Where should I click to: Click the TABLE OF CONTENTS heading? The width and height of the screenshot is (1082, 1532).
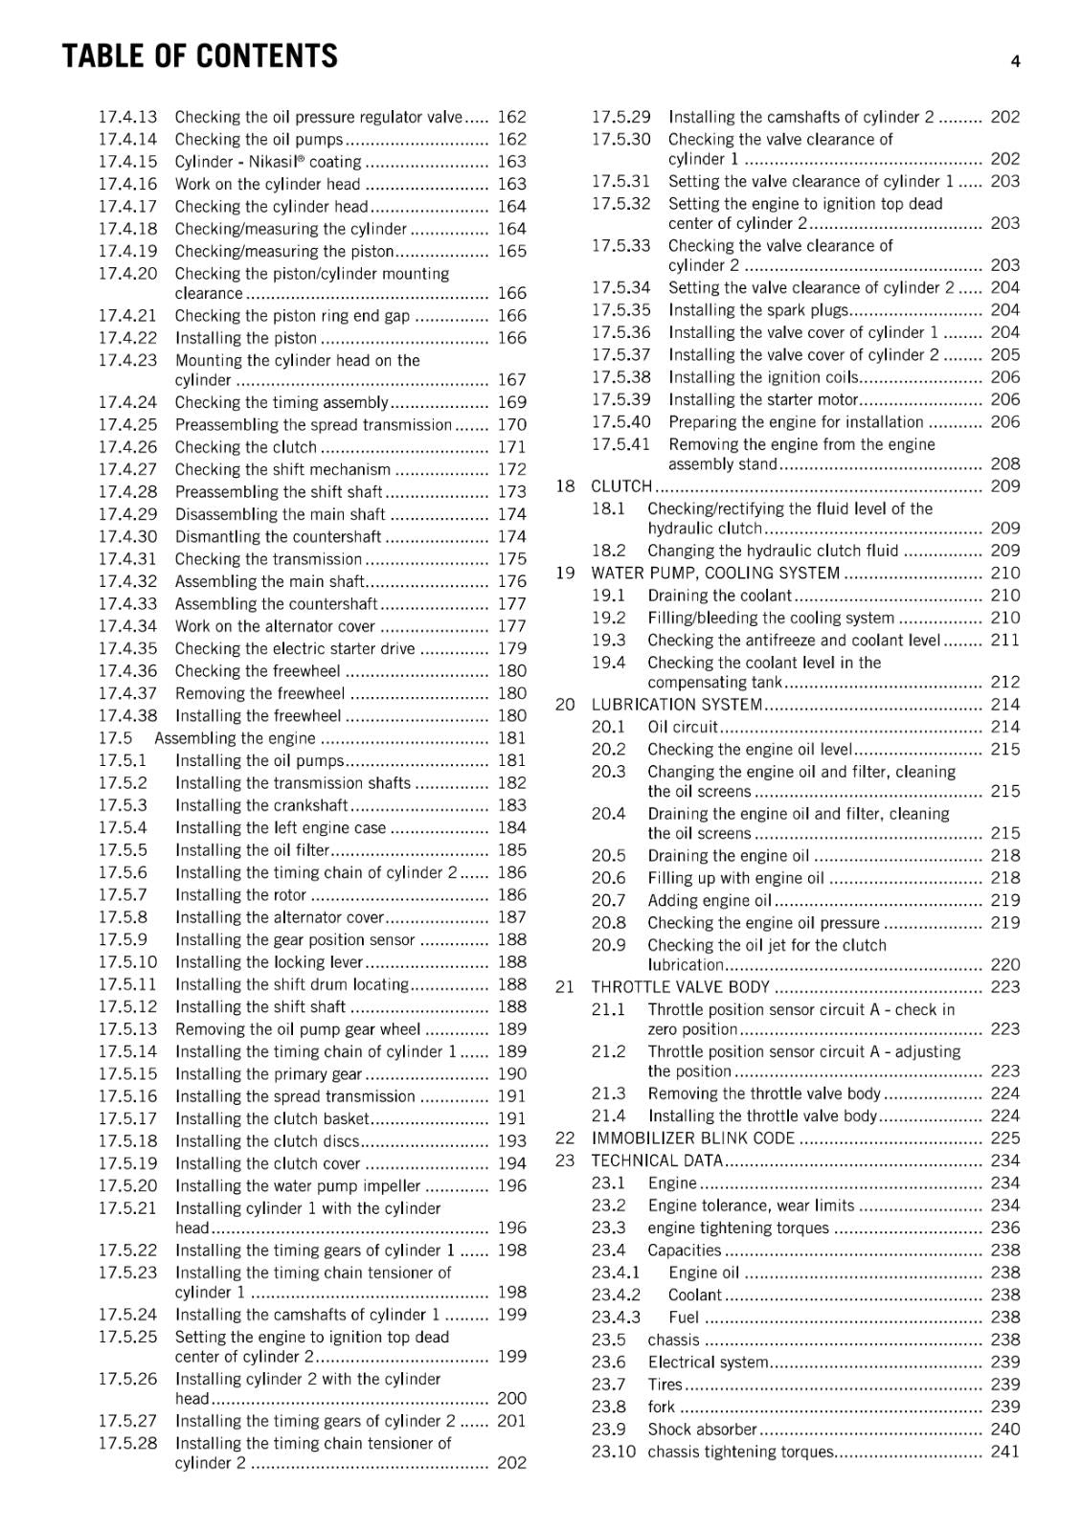click(x=199, y=56)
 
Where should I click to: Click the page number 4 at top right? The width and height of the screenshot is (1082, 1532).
click(x=1015, y=62)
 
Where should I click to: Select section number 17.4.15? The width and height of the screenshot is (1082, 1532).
click(x=127, y=162)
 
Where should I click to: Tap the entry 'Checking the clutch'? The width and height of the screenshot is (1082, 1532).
click(x=245, y=447)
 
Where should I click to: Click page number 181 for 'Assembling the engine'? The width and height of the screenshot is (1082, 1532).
click(x=511, y=738)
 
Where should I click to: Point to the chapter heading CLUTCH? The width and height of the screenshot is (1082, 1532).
click(x=621, y=486)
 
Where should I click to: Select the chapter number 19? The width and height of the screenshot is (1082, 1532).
click(x=565, y=573)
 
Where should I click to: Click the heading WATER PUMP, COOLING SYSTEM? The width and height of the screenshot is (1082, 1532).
click(x=715, y=573)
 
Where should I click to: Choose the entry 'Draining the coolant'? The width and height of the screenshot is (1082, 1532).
click(x=719, y=596)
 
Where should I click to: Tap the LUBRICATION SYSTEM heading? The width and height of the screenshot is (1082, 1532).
click(x=677, y=705)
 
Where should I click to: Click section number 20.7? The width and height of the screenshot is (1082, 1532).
click(x=608, y=900)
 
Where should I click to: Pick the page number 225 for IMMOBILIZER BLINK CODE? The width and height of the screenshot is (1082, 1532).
click(x=1005, y=1138)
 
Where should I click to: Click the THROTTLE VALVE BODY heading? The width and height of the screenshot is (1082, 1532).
click(x=680, y=987)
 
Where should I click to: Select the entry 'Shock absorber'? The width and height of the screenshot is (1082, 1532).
click(x=702, y=1430)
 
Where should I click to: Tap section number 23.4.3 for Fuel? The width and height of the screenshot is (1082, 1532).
click(x=616, y=1318)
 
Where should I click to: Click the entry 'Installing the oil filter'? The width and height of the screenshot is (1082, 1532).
click(x=252, y=850)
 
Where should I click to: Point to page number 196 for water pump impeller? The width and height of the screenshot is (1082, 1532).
click(x=511, y=1186)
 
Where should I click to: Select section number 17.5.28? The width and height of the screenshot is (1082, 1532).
click(x=127, y=1443)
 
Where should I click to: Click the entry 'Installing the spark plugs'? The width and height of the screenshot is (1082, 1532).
click(x=758, y=310)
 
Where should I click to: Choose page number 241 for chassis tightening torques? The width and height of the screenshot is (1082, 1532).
click(x=1005, y=1452)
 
